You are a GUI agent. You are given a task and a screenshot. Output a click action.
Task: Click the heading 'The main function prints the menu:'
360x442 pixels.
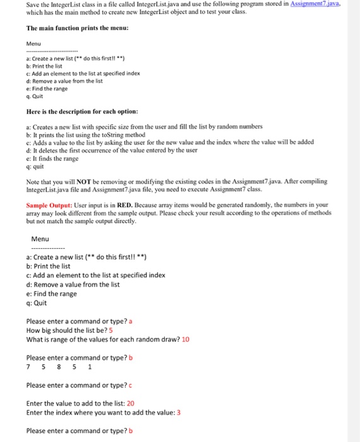(78, 28)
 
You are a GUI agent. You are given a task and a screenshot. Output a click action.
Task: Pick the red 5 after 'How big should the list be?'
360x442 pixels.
(111, 330)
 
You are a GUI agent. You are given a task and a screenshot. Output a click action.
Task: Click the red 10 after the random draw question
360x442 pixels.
(186, 339)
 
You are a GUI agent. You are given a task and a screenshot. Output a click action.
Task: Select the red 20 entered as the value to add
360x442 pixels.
(131, 403)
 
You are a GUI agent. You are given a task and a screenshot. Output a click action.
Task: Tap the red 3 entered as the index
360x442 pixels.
(179, 412)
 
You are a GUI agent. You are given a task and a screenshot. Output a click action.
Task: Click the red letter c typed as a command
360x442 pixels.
(130, 385)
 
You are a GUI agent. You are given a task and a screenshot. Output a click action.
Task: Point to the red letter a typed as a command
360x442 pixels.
(130, 321)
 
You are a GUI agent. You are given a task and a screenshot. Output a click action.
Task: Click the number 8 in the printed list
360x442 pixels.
(59, 367)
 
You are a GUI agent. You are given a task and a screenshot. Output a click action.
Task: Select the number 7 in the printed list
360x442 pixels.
(28, 367)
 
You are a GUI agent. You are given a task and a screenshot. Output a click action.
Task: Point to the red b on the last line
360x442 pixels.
(131, 431)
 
